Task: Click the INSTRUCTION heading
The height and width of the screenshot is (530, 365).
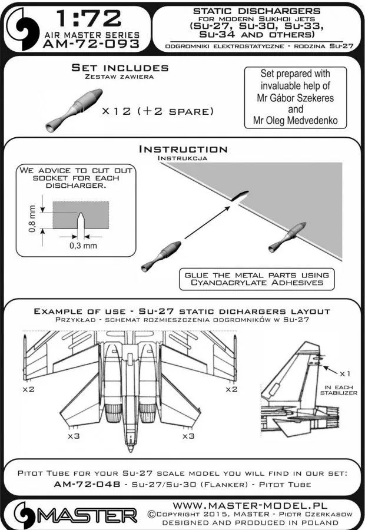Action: pos(182,150)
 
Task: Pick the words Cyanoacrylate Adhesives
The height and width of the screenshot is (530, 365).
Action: pos(257,283)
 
